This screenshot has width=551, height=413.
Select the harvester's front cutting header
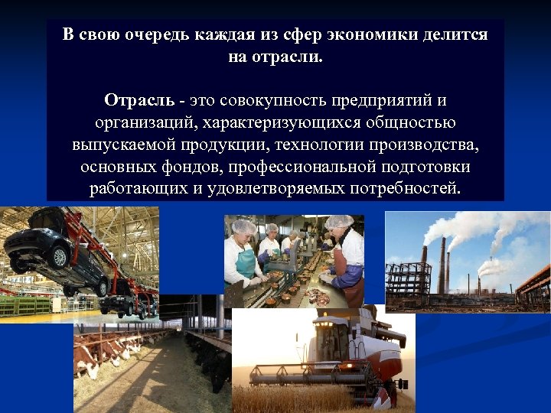pos(298,375)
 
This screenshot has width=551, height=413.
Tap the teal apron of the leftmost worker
pos(245,266)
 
